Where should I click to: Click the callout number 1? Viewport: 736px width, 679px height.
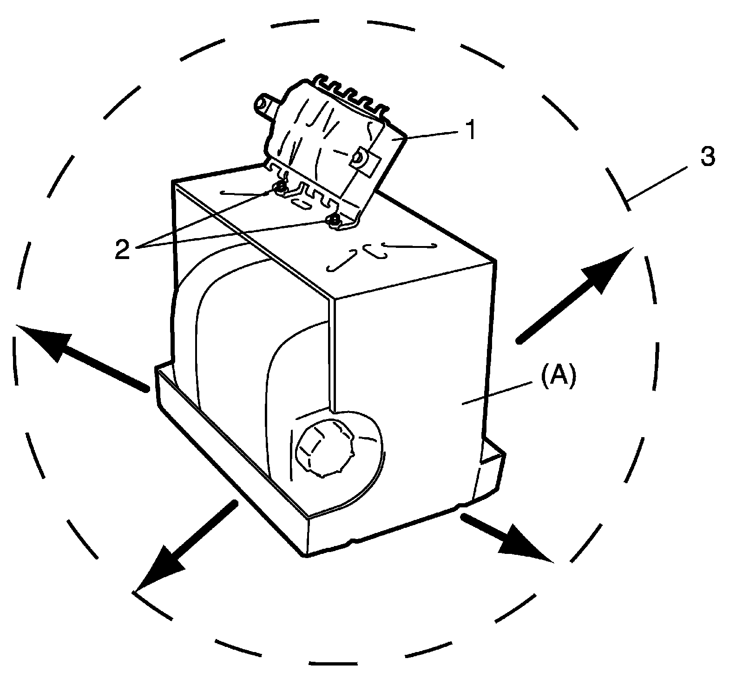pyautogui.click(x=470, y=131)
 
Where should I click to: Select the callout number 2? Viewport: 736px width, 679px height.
pyautogui.click(x=122, y=250)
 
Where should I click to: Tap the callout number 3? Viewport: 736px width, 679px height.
pyautogui.click(x=707, y=157)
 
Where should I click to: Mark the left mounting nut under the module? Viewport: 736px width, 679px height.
pyautogui.click(x=281, y=188)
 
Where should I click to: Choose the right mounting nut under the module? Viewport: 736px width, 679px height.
pyautogui.click(x=333, y=221)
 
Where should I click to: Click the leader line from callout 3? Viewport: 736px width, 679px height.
pyautogui.click(x=657, y=184)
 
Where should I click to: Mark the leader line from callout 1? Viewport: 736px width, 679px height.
pyautogui.click(x=432, y=135)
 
